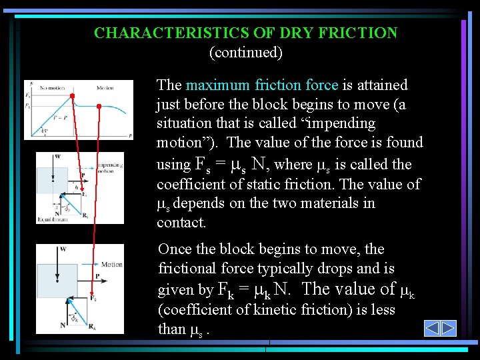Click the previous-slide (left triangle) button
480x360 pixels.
pos(432,328)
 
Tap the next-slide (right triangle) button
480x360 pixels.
pos(449,328)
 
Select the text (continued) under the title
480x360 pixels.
pos(245,51)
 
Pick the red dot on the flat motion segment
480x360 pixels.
pos(99,106)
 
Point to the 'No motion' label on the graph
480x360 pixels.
pos(51,87)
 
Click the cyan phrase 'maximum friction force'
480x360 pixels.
pos(263,85)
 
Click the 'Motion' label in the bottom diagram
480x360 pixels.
pos(112,264)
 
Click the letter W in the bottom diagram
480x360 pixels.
pos(63,249)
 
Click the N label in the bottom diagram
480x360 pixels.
pos(63,325)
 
